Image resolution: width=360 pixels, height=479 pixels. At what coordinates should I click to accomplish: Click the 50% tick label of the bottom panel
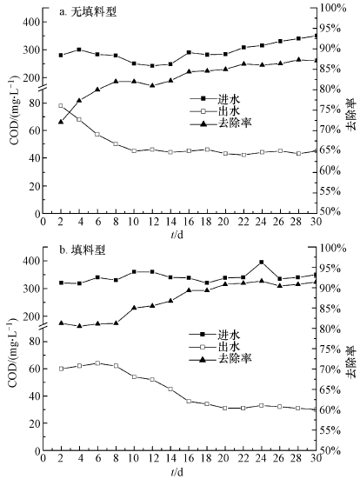pos(334,450)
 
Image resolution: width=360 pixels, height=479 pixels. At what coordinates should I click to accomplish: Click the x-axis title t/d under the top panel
pos(177,235)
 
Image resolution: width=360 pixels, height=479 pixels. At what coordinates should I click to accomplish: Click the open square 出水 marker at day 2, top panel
pos(61,106)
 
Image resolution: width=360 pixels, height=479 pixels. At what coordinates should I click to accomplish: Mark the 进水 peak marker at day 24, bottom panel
pos(261,263)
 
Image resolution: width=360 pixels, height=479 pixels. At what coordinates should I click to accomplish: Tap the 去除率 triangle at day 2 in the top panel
pos(61,122)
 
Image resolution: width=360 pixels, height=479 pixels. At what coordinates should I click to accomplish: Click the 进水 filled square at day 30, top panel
pos(314,36)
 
